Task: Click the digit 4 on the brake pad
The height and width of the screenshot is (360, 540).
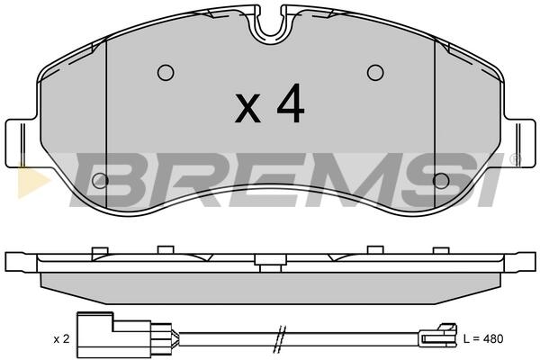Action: coord(291,103)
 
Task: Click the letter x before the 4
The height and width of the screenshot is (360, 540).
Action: coord(247,108)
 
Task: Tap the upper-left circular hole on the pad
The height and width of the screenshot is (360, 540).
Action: coord(166,73)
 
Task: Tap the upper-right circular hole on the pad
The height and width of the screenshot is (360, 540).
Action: coord(375,73)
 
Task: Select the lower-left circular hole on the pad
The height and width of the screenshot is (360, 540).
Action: coord(100,181)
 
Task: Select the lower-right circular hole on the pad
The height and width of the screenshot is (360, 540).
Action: coord(441,181)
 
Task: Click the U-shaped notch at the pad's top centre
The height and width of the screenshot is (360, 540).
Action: coord(271,25)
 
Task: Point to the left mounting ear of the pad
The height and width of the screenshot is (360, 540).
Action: coord(22,143)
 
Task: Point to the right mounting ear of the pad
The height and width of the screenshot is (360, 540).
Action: coord(519,143)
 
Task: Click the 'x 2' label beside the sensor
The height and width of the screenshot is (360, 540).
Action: coord(61,339)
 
